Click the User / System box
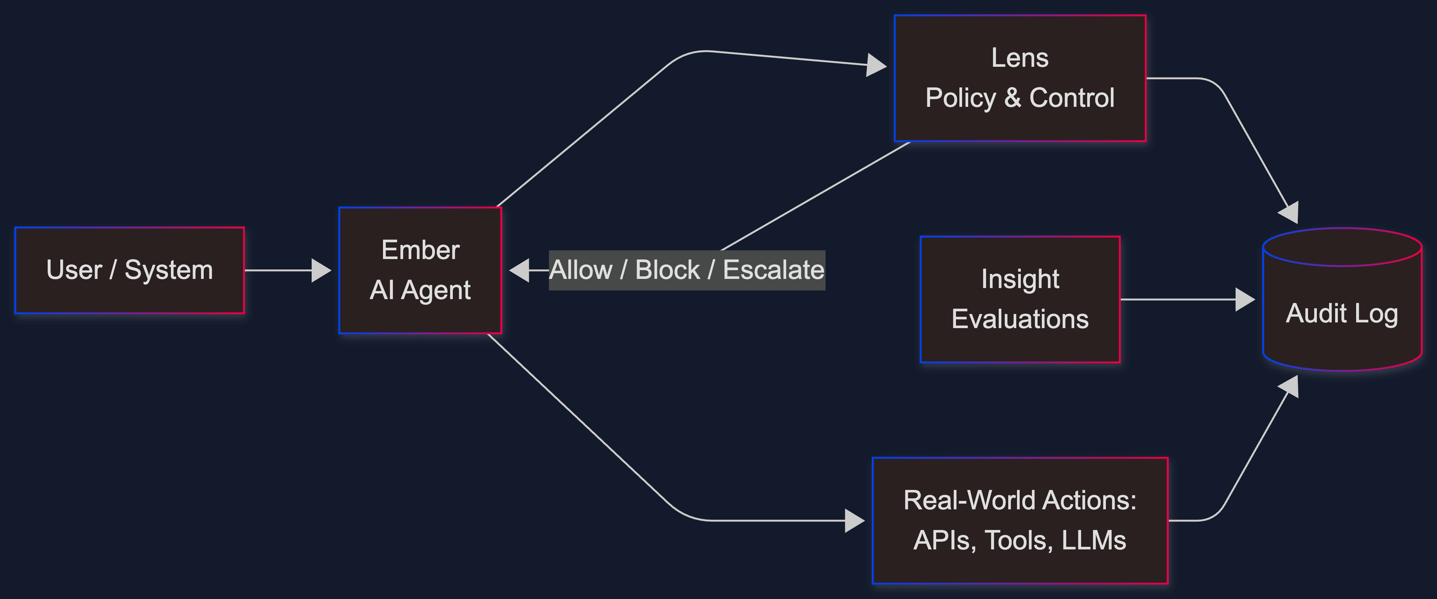tap(129, 271)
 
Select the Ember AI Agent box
tap(420, 271)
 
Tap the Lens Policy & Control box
tap(1020, 78)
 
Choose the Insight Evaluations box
tap(1020, 299)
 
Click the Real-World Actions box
tap(1020, 520)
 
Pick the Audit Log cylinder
tap(1342, 312)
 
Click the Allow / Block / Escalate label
tap(687, 271)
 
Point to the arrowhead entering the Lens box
tap(876, 65)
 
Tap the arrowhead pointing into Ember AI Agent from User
tap(321, 271)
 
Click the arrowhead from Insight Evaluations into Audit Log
tap(1245, 299)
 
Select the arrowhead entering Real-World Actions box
tap(854, 520)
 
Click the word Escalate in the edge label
tap(773, 271)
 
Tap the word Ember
tap(420, 250)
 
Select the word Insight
tap(1020, 279)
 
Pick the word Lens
tap(1020, 58)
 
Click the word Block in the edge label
tap(667, 271)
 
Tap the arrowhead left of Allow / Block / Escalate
tap(519, 271)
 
